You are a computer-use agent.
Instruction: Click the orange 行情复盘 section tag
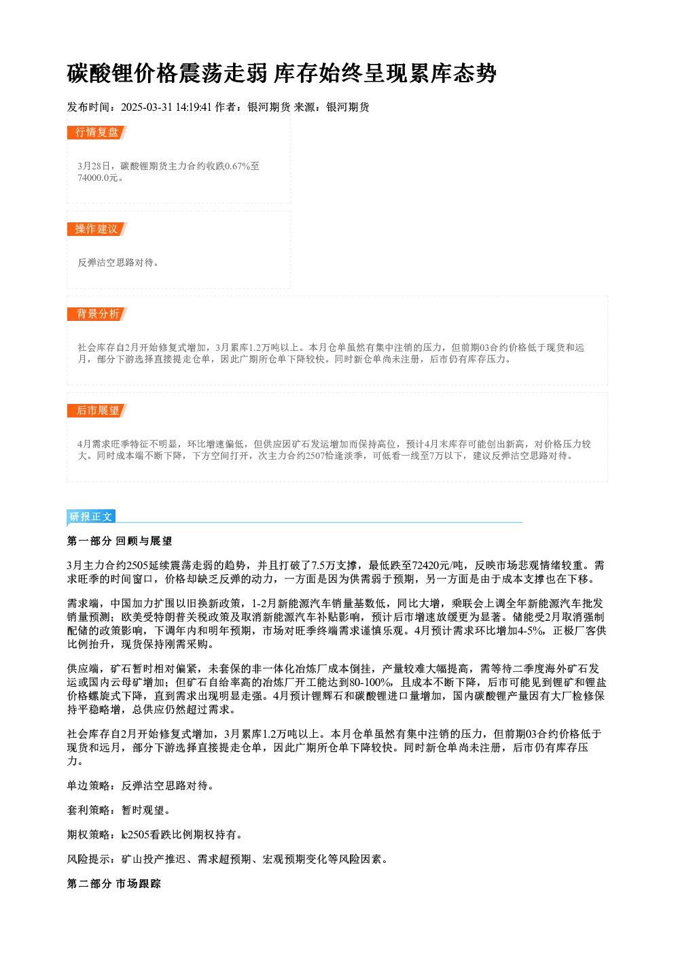coord(97,133)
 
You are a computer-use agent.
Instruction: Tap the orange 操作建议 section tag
coord(97,229)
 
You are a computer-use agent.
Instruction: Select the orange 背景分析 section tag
coord(97,314)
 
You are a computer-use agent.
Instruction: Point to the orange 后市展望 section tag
coord(97,411)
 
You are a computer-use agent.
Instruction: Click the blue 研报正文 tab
coord(91,517)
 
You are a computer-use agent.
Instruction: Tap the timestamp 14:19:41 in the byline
coord(194,107)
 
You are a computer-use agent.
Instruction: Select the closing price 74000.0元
coord(97,177)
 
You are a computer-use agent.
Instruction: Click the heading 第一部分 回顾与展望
coord(119,541)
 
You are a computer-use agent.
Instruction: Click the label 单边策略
coord(88,786)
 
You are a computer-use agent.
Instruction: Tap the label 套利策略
coord(88,810)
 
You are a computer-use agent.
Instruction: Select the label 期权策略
coord(88,835)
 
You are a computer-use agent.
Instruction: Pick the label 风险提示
coord(88,859)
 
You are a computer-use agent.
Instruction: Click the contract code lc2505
coord(135,835)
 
